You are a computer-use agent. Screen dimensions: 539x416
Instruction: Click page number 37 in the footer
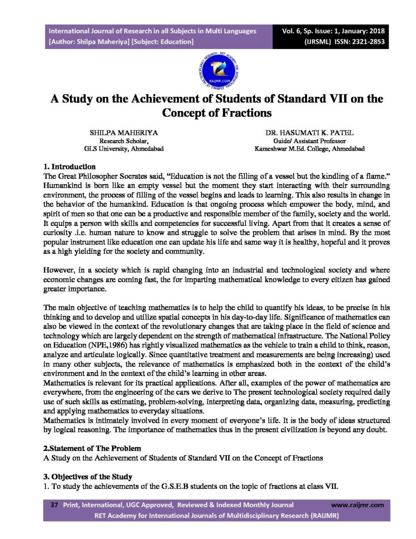(x=53, y=505)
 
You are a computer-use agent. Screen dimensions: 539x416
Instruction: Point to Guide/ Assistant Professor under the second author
(x=300, y=141)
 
